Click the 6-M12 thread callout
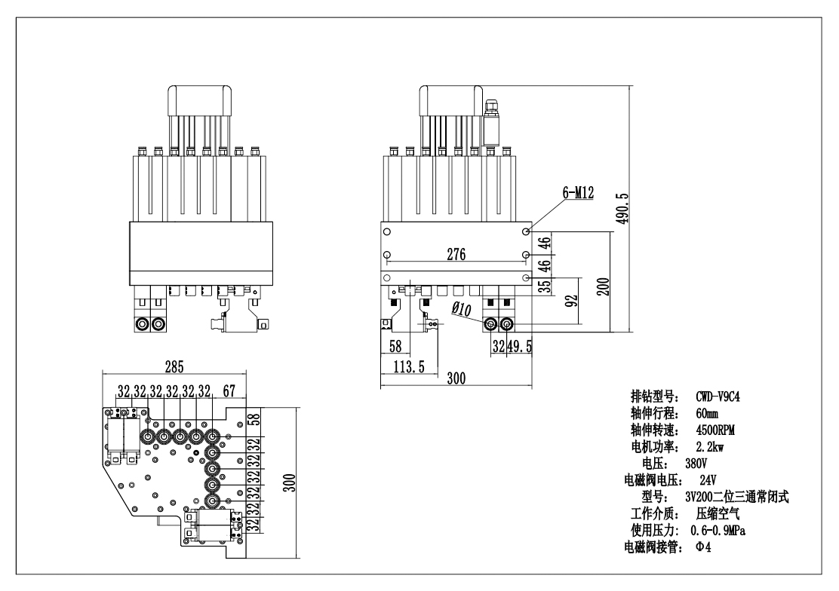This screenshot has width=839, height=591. pos(578,193)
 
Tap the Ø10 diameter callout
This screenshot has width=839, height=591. pos(462,309)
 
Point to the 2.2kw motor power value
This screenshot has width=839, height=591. pos(709,446)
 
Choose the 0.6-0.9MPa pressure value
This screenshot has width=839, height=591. pos(729,530)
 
